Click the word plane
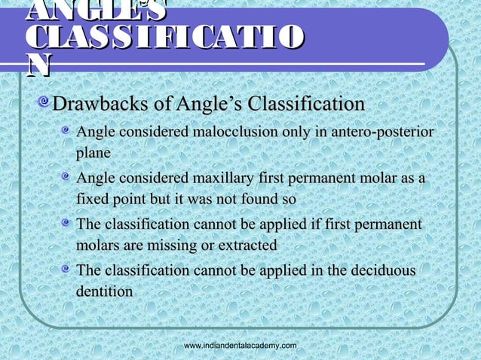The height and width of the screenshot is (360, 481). pyautogui.click(x=93, y=153)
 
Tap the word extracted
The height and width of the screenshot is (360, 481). pyautogui.click(x=245, y=246)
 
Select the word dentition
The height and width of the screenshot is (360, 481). pyautogui.click(x=105, y=290)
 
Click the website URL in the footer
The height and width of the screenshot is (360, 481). pyautogui.click(x=240, y=345)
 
